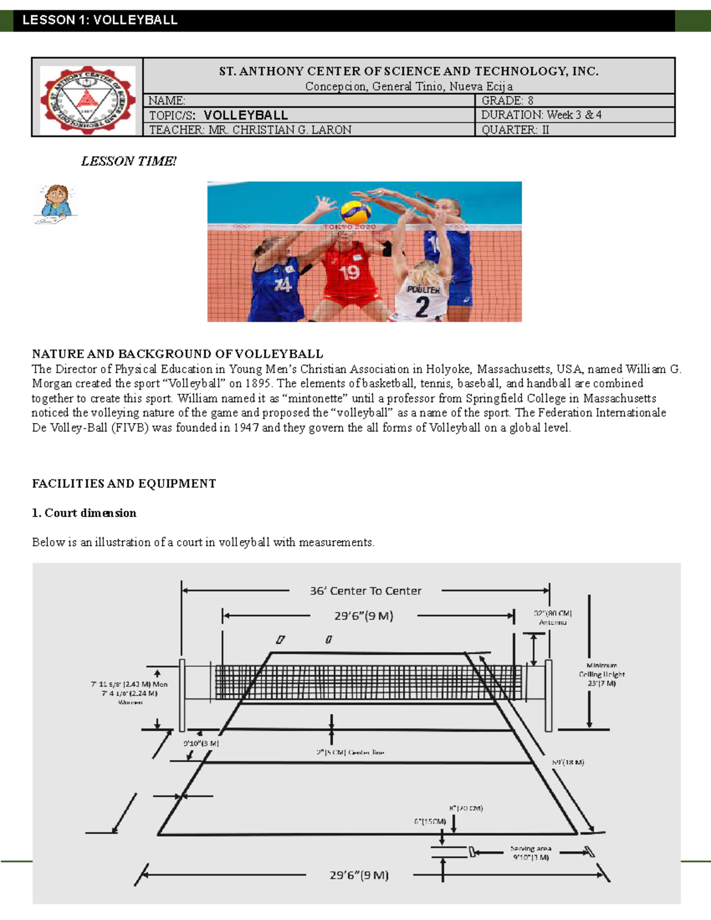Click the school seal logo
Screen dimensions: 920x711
pyautogui.click(x=88, y=98)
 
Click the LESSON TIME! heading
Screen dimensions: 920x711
pyautogui.click(x=129, y=161)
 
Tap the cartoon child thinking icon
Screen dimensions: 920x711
pyautogui.click(x=56, y=203)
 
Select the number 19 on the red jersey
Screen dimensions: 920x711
pyautogui.click(x=349, y=273)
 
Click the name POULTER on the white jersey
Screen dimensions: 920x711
pyautogui.click(x=423, y=290)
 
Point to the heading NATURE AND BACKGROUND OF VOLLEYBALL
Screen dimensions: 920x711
pyautogui.click(x=177, y=354)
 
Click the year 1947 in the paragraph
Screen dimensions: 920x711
pyautogui.click(x=246, y=428)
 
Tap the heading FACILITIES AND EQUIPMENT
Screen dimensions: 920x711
pyautogui.click(x=124, y=483)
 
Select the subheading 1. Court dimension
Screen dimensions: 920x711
pyautogui.click(x=84, y=513)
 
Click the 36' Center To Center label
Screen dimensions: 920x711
pyautogui.click(x=366, y=591)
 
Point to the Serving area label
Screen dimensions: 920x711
pyautogui.click(x=530, y=849)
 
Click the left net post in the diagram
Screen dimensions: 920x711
pyautogui.click(x=182, y=695)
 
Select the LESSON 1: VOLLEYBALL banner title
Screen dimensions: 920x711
pyautogui.click(x=100, y=20)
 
